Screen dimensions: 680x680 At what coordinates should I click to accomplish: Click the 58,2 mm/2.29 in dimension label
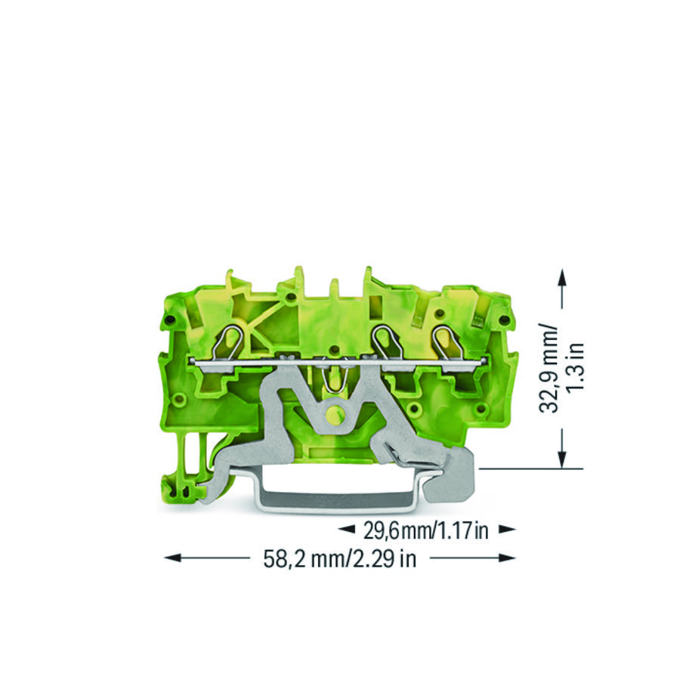coord(339,558)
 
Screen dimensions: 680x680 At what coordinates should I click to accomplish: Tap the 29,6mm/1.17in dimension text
coord(426,530)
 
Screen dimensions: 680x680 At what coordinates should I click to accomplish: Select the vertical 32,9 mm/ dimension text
coord(549,368)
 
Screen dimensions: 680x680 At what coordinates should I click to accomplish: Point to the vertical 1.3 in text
coord(576,369)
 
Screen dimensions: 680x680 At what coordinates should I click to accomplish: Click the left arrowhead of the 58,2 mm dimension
coord(172,558)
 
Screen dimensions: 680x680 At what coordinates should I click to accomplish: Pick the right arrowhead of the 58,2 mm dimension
coord(508,558)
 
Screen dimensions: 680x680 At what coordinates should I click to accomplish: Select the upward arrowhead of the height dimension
coord(562,277)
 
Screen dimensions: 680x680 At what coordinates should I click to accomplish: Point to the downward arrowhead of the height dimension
coord(562,459)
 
